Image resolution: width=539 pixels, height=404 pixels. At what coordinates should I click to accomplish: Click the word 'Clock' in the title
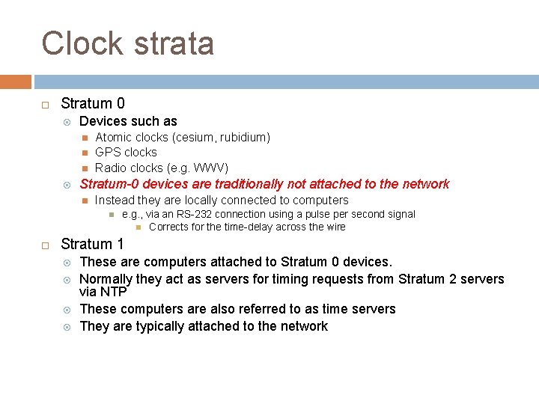(x=82, y=43)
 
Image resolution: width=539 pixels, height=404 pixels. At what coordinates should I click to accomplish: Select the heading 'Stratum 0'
(x=93, y=103)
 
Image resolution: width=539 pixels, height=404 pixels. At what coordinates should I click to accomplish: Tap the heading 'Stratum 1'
(x=93, y=244)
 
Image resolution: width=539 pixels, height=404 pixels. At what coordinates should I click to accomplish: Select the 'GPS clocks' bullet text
(x=126, y=152)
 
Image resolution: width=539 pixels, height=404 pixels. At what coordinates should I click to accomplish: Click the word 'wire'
(x=335, y=227)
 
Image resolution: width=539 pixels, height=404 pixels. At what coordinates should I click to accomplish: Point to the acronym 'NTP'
(x=113, y=292)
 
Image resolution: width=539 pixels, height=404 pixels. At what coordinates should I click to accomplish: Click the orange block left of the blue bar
(x=16, y=82)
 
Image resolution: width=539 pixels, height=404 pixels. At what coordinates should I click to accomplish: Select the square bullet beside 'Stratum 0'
(x=45, y=104)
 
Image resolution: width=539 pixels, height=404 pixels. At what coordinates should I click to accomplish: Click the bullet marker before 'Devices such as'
(x=67, y=121)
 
